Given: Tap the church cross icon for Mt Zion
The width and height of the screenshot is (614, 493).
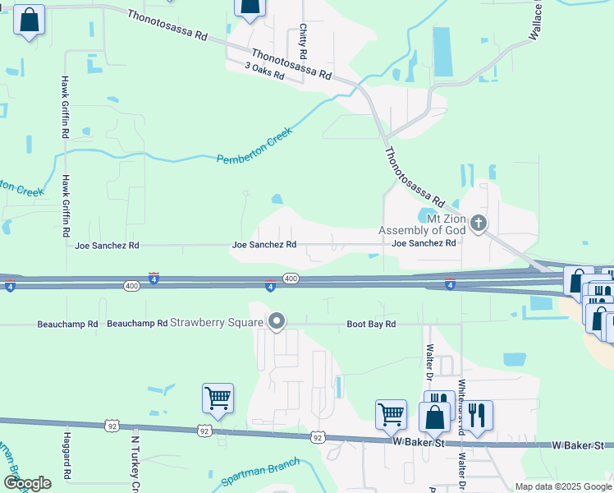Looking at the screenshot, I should tap(479, 223).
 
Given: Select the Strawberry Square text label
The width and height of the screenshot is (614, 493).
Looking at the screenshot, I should tap(218, 322).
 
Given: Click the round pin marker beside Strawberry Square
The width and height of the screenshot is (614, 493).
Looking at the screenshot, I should tap(277, 322).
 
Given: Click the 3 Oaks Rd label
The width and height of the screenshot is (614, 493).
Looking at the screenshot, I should tap(264, 71).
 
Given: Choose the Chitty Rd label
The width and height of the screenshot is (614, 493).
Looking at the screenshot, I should tap(303, 40).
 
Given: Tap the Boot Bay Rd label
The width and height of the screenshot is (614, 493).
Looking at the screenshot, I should tap(371, 325).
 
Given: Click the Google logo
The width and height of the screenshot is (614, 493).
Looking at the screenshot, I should tap(28, 483).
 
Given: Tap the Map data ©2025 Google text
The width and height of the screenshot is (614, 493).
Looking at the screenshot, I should tap(563, 486).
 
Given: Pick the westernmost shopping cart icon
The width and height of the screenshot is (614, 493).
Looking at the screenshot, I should tap(218, 399).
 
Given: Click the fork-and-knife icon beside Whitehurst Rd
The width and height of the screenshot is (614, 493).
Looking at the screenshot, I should tap(476, 415).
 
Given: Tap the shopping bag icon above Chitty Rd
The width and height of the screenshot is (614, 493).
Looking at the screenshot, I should tap(250, 7).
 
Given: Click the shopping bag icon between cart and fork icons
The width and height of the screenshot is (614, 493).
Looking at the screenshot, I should tap(434, 417).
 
